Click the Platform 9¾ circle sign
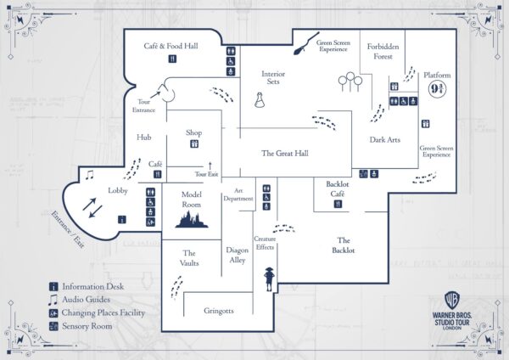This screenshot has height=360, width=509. coord(437,89)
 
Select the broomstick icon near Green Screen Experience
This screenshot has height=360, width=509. coord(299,48)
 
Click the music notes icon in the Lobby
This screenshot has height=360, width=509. coord(89,175)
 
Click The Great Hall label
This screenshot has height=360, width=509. coord(284,154)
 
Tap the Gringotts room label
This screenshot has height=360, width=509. coord(218,311)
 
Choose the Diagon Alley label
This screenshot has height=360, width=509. coord(237,256)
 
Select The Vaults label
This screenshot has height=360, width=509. coord(189,258)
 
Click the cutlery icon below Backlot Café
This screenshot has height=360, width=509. coord(346,205)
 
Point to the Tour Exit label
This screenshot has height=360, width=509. coord(206,174)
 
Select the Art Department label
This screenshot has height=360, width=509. coord(239,194)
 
